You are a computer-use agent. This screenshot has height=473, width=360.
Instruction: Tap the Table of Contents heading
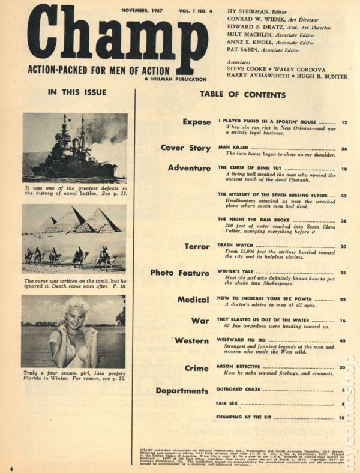pyautogui.click(x=242, y=95)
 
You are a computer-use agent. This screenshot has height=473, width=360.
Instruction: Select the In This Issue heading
pyautogui.click(x=76, y=92)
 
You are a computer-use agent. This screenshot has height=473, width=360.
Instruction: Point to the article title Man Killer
pyautogui.click(x=233, y=148)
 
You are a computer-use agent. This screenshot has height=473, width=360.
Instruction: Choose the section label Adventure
pyautogui.click(x=190, y=168)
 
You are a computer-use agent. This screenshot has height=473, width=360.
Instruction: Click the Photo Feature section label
pyautogui.click(x=180, y=273)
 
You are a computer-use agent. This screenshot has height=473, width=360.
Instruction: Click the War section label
pyautogui.click(x=200, y=321)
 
